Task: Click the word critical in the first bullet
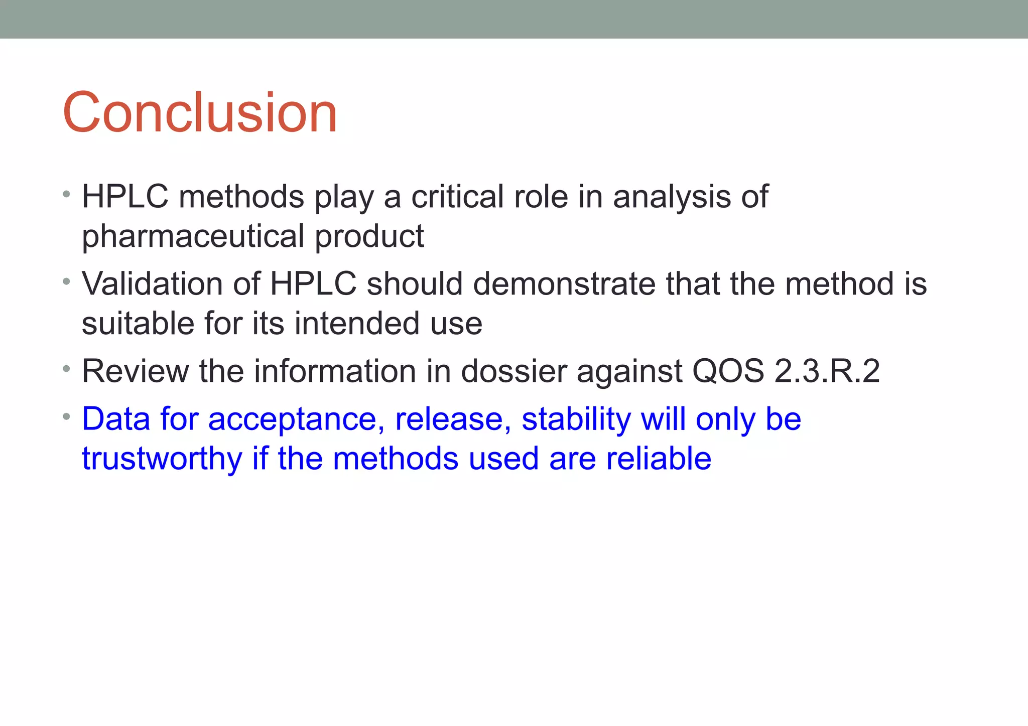point(457,196)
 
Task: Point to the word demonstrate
point(564,284)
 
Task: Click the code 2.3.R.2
point(827,371)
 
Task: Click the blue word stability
point(576,419)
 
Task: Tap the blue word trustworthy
point(162,459)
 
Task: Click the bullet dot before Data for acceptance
point(67,416)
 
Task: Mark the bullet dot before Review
point(67,369)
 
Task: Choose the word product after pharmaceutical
point(369,236)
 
